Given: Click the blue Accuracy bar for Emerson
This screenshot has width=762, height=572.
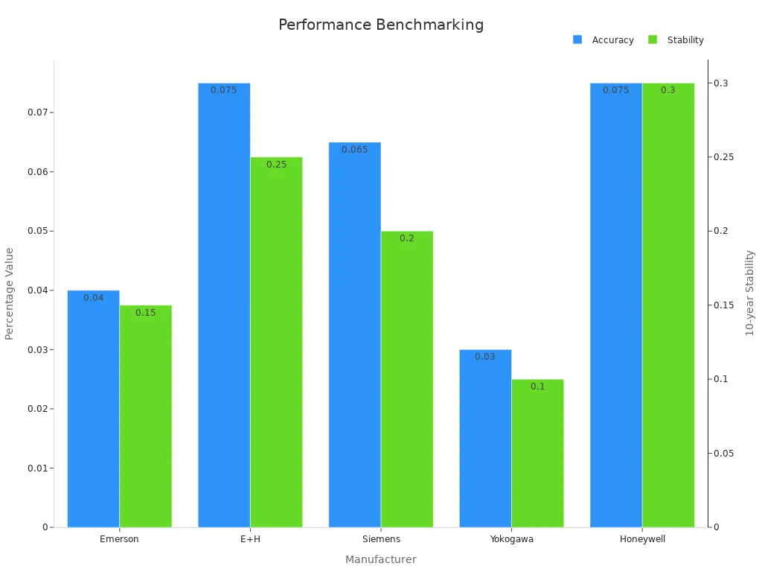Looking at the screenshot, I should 93,410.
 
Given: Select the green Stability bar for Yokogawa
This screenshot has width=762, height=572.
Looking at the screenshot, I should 537,454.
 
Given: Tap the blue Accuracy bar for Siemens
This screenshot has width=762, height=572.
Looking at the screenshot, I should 354,335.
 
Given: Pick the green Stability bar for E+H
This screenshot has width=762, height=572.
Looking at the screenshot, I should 276,343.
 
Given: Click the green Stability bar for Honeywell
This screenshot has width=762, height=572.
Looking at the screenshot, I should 668,305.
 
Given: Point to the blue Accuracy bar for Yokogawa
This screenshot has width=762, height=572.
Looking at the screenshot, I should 485,439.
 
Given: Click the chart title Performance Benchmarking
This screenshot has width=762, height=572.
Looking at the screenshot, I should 381,25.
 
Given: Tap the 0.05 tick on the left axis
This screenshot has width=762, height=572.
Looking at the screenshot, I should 38,231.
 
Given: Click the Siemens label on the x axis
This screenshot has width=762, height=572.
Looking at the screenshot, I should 381,539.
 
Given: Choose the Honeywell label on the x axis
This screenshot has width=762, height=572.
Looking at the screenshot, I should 642,539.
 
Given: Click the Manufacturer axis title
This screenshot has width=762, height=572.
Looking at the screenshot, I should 381,559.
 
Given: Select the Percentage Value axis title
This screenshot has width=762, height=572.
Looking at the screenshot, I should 10,293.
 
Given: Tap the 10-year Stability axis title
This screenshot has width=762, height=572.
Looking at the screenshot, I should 750,293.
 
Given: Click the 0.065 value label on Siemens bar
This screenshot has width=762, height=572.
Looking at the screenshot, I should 354,150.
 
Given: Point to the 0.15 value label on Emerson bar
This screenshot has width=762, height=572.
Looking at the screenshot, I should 146,313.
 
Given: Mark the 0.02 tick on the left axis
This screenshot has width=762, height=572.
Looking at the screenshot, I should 38,409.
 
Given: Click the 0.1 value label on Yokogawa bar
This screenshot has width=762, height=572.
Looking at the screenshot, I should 537,387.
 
